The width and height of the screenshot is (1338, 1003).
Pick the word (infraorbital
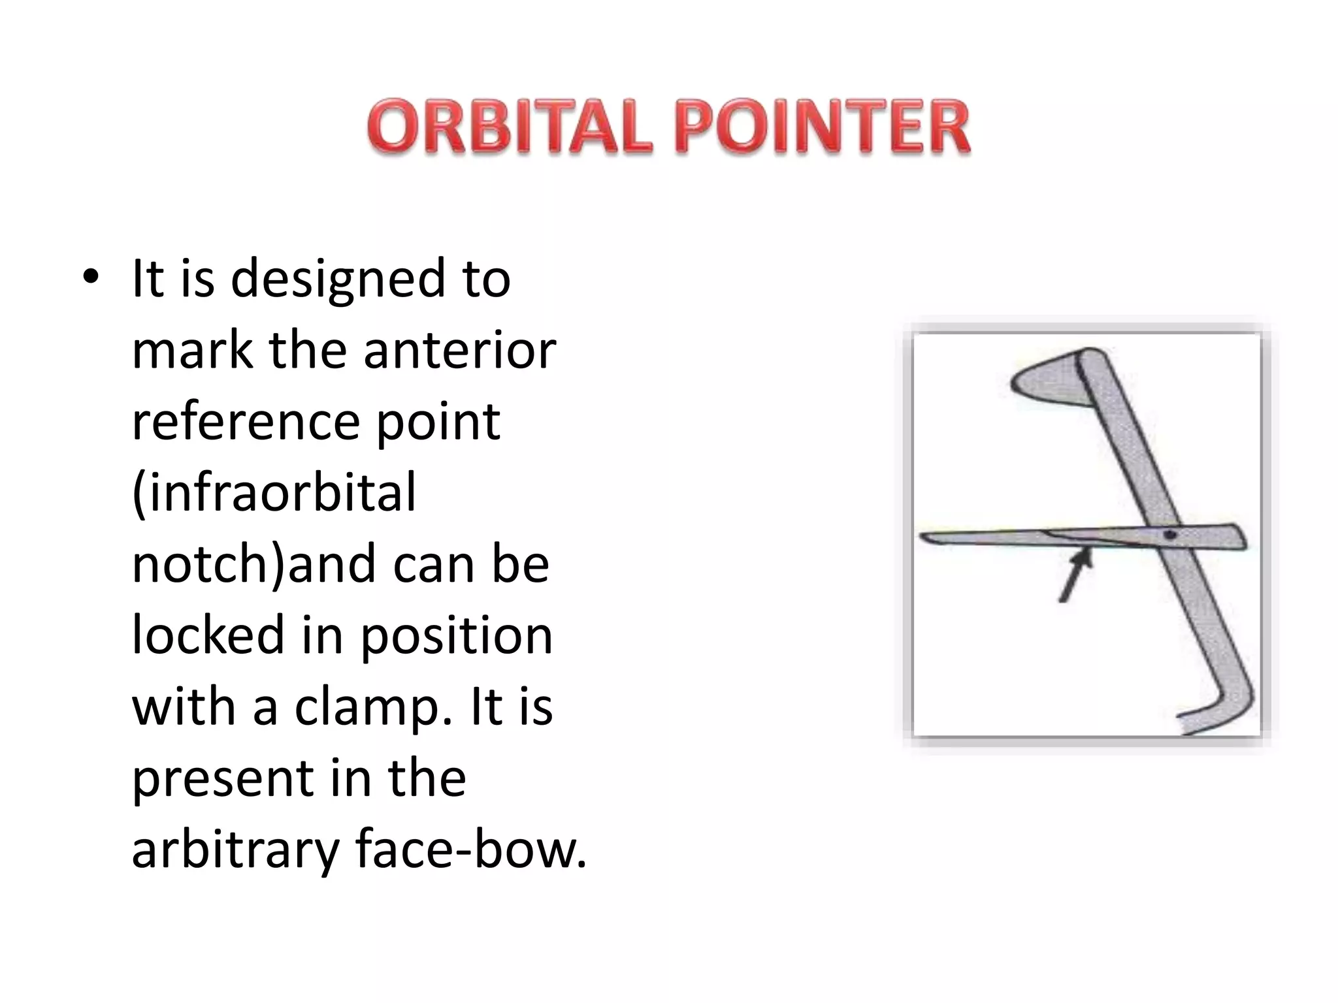pyautogui.click(x=274, y=493)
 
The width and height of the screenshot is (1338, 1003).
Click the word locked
pyautogui.click(x=208, y=635)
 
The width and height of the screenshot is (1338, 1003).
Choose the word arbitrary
pyautogui.click(x=233, y=850)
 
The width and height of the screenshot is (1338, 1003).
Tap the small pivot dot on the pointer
pyautogui.click(x=1170, y=535)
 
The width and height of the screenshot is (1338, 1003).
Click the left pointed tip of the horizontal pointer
pyautogui.click(x=924, y=537)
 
